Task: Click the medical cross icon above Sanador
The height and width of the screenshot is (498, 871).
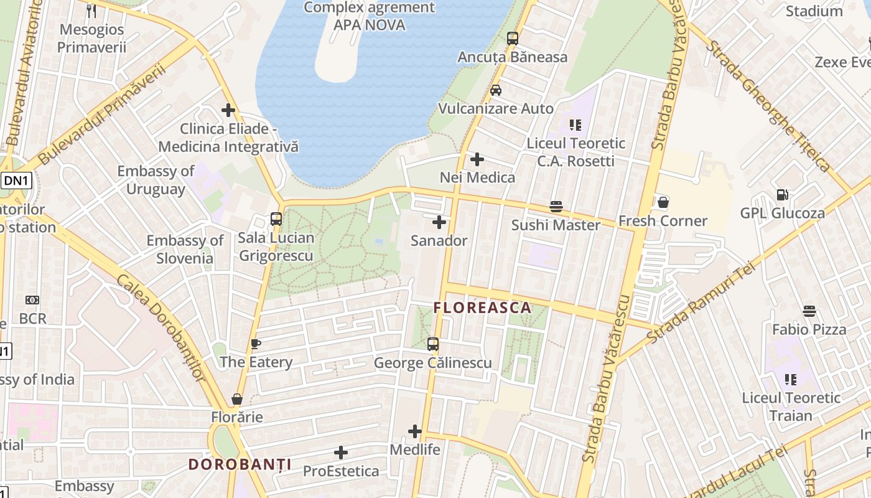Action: [439, 222]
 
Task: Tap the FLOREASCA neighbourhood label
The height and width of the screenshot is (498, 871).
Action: [482, 308]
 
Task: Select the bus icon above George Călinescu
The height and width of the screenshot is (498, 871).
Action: [433, 344]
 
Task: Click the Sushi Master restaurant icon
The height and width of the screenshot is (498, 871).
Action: [556, 207]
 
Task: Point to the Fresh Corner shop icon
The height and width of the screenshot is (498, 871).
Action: [663, 202]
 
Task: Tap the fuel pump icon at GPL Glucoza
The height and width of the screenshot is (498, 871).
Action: [782, 195]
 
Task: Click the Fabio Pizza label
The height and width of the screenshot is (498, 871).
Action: [809, 329]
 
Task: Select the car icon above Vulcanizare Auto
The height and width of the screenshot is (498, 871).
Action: [496, 90]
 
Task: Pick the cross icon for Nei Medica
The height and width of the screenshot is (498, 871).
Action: [477, 159]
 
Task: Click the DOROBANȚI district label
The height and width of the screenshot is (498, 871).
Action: [240, 464]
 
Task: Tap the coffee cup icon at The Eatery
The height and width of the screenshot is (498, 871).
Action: [255, 344]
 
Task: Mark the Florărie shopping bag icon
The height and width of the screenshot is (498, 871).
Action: [237, 398]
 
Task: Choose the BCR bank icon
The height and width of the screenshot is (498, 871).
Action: [32, 300]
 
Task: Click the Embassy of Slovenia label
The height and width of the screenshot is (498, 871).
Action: [185, 249]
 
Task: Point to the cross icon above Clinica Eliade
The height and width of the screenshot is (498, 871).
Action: [228, 110]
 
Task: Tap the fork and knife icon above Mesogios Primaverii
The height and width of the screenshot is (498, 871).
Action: [91, 11]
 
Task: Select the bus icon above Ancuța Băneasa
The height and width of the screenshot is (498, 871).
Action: [513, 39]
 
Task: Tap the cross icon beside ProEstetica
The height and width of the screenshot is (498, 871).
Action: [341, 453]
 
